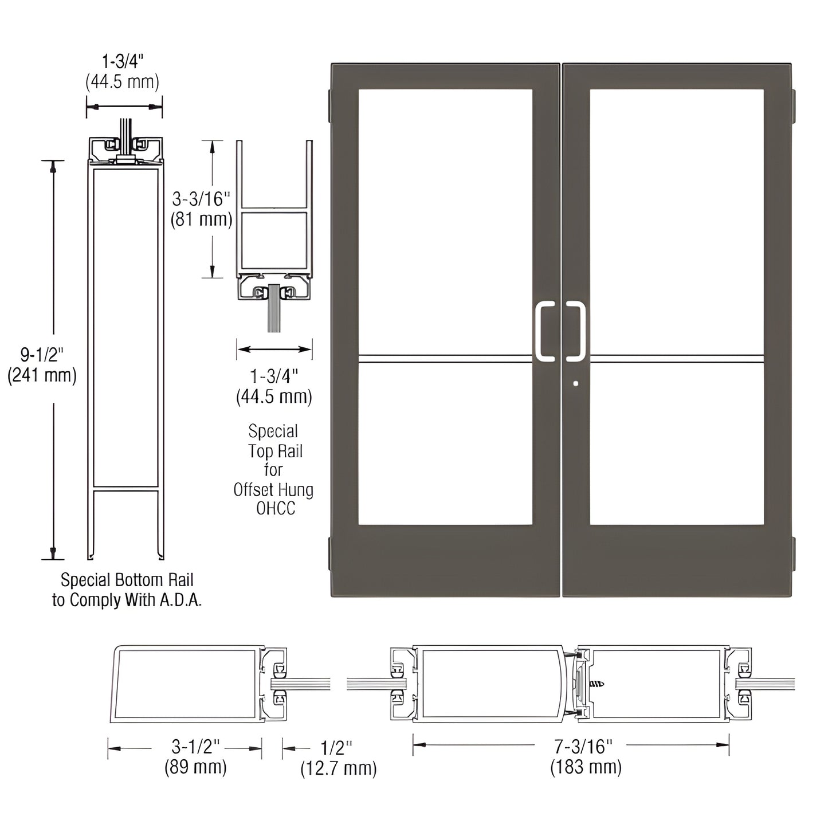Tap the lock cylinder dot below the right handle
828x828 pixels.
pos(576,384)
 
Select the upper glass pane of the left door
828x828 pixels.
pos(445,221)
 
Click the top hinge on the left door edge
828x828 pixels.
pos(329,105)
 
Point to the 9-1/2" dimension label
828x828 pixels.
pos(41,355)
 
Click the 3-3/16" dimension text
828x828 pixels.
pos(201,199)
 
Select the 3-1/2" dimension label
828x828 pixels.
pos(195,746)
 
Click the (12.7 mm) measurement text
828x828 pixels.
pos(339,768)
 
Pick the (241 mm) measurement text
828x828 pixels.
pos(42,376)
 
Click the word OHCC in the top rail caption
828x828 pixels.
pos(275,508)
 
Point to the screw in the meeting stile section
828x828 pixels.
pos(597,684)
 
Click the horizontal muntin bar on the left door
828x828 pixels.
pos(445,359)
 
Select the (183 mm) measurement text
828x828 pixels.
pos(586,767)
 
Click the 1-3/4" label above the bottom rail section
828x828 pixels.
pos(123,61)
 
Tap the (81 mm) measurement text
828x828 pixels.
pos(201,219)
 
